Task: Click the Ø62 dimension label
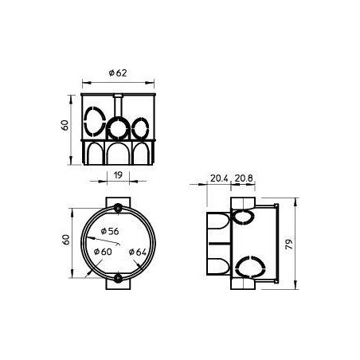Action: tap(118, 73)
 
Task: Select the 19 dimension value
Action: tap(118, 175)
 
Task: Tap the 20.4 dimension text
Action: tap(219, 178)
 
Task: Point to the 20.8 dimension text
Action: tap(244, 178)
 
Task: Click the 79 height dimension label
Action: tap(289, 244)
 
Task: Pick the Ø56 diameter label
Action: tap(110, 231)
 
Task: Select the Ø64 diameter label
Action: tap(138, 252)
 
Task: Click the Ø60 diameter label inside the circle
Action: tap(103, 252)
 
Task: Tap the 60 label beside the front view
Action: tap(65, 125)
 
